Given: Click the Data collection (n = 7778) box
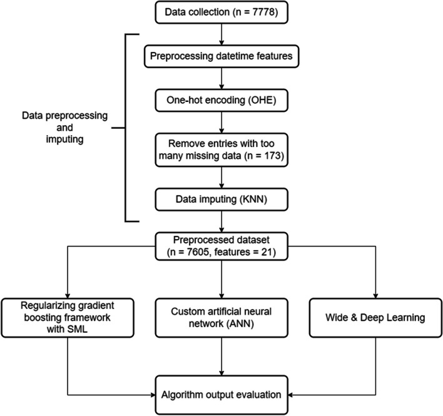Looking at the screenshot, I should click(221, 13).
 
